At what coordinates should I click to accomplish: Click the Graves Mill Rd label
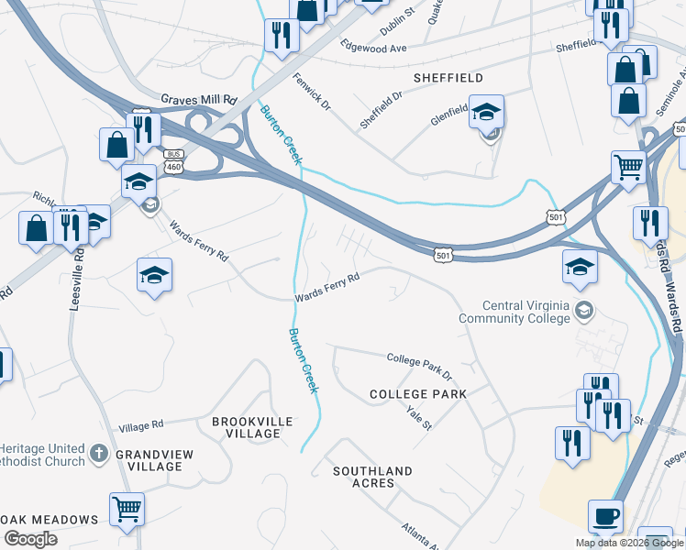pyautogui.click(x=198, y=99)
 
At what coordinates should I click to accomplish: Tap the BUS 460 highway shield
pyautogui.click(x=174, y=161)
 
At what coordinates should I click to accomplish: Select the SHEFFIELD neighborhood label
pyautogui.click(x=448, y=78)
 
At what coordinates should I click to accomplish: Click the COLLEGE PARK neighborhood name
pyautogui.click(x=418, y=394)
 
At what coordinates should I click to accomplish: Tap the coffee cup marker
pyautogui.click(x=605, y=515)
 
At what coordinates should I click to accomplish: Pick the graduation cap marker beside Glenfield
pyautogui.click(x=486, y=112)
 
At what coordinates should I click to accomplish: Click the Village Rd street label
pyautogui.click(x=140, y=426)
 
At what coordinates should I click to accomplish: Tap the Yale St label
pyautogui.click(x=418, y=418)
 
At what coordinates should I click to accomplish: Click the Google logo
pyautogui.click(x=30, y=539)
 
